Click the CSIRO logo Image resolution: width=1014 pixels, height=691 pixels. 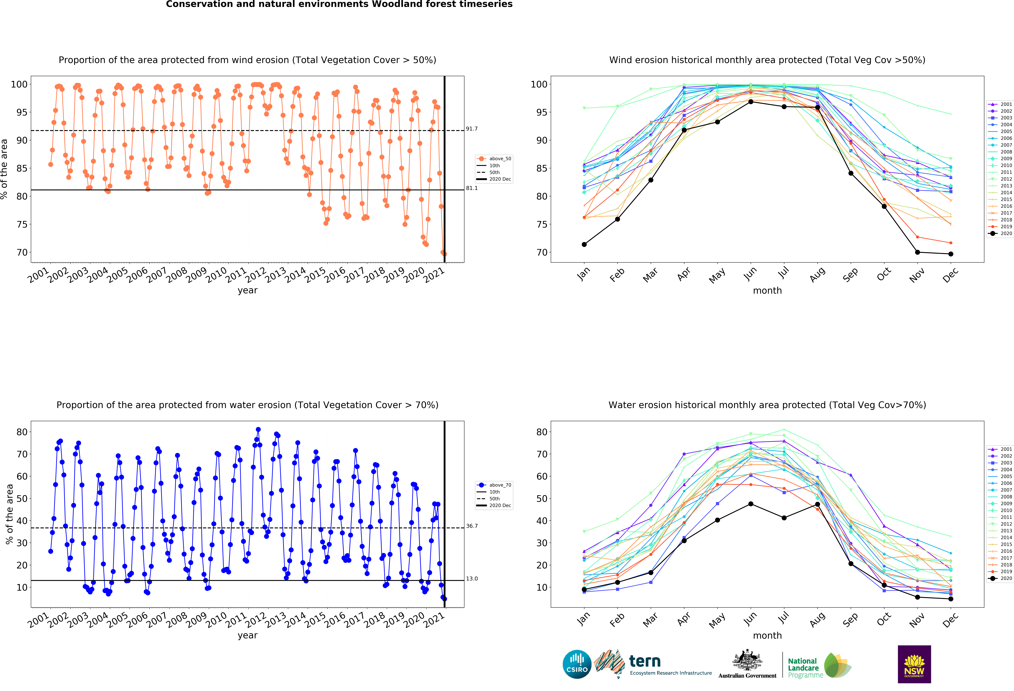click(577, 664)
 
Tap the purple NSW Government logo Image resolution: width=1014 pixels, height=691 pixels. click(914, 664)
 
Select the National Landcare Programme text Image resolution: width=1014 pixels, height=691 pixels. click(805, 668)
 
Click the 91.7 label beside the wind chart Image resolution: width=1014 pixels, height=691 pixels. click(472, 129)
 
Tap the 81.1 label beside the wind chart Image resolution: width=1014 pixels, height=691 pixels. click(472, 188)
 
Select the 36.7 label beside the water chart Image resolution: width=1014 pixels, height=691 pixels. click(472, 526)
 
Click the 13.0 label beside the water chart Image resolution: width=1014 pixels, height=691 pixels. click(472, 578)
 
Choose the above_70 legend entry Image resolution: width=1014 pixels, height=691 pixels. click(494, 485)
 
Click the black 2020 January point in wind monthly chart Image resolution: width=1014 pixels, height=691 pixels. click(584, 244)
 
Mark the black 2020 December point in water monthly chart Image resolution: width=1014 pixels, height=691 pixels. click(951, 599)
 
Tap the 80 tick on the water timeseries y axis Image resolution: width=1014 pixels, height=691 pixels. click(22, 432)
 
